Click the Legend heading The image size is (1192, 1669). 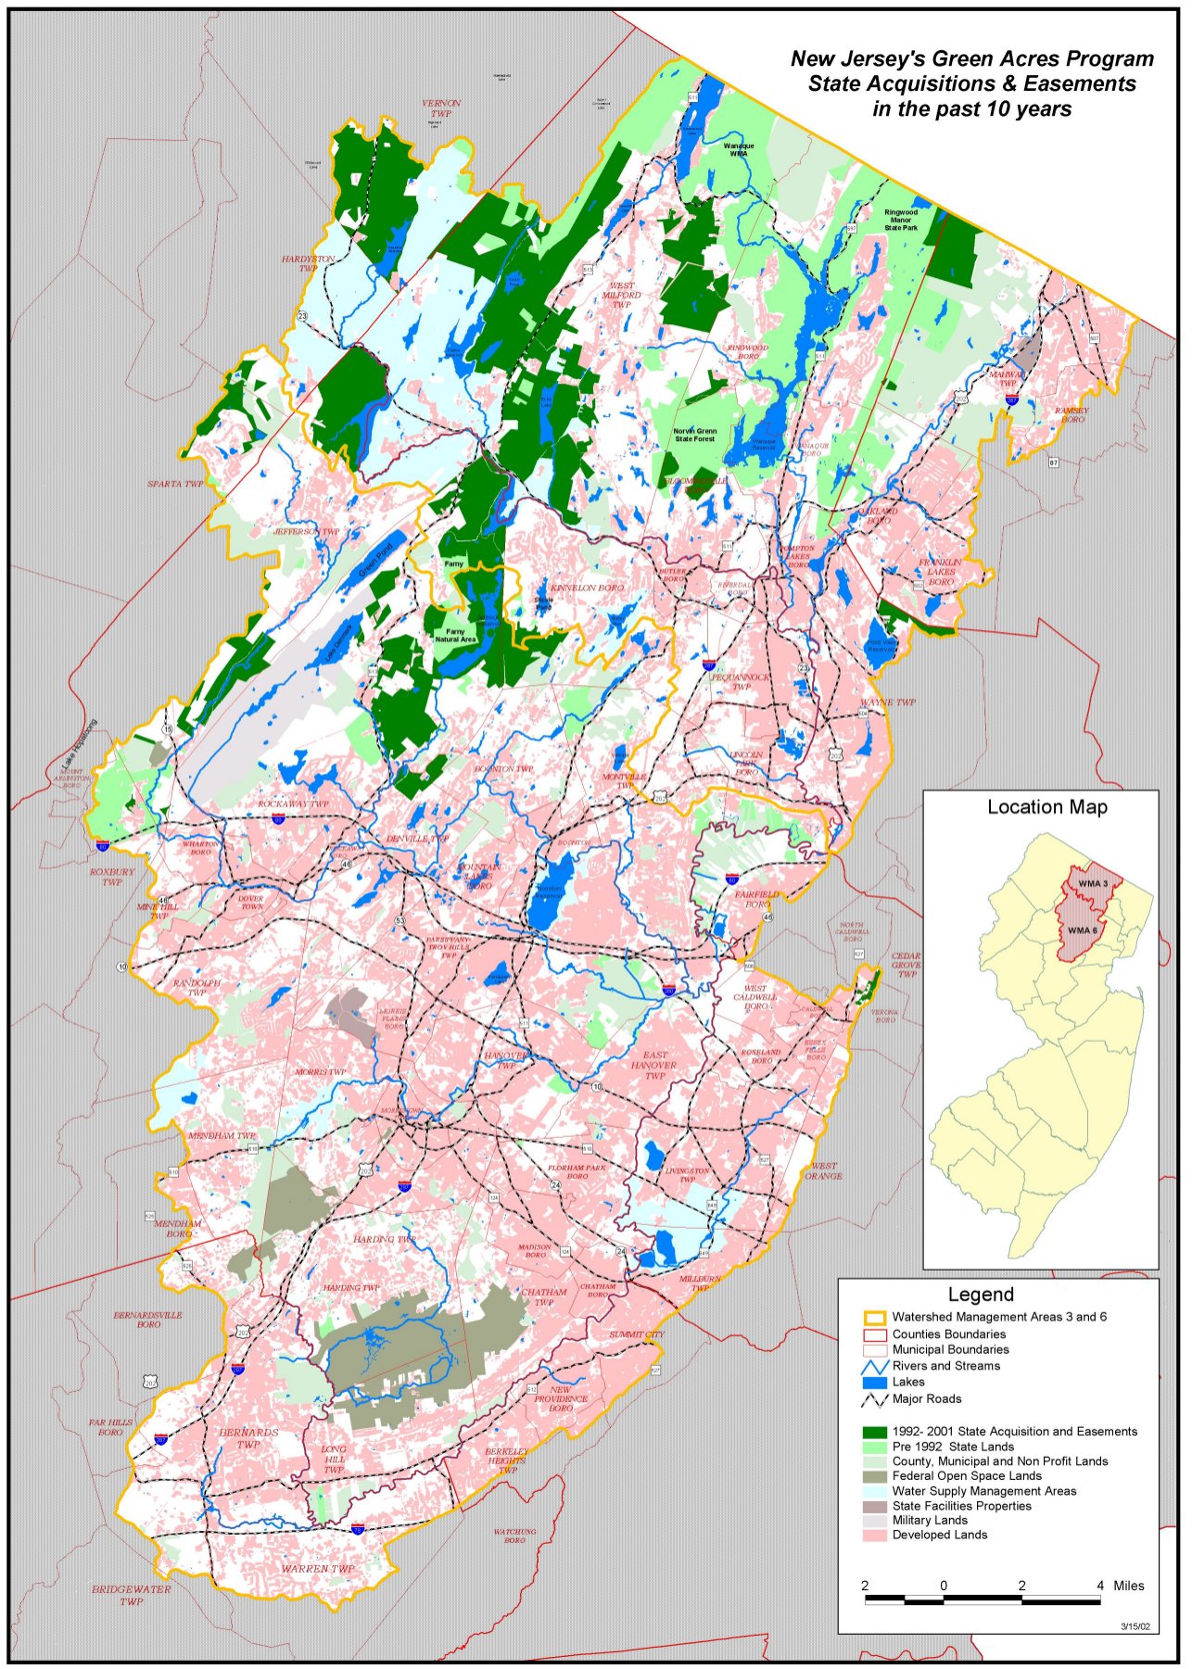(980, 1295)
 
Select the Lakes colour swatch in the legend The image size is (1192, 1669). (875, 1382)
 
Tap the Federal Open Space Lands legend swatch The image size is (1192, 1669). (875, 1476)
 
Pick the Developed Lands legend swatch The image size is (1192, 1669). (875, 1536)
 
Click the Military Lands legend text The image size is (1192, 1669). (929, 1521)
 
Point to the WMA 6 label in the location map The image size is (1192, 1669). (1082, 930)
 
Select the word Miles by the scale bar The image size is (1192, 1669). (1128, 1586)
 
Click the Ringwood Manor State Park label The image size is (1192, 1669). (900, 220)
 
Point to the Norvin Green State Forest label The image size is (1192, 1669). (694, 435)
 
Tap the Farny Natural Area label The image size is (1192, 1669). (455, 636)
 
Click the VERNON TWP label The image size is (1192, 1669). (440, 108)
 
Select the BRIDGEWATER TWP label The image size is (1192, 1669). (131, 1595)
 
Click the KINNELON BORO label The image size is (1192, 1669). (587, 588)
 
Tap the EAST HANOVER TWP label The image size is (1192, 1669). (654, 1065)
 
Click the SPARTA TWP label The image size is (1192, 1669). (175, 484)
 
